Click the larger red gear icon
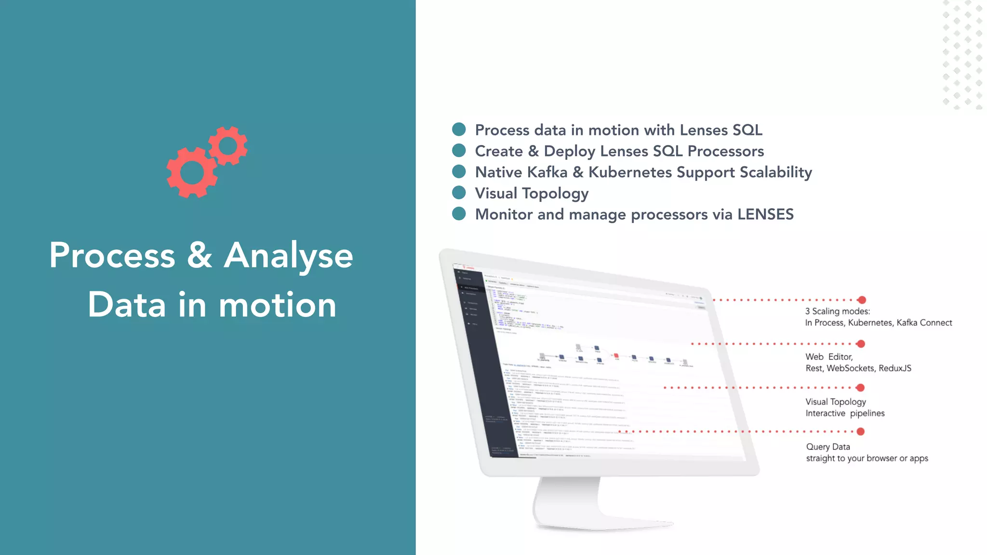coord(191,172)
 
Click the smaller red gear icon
coord(228,145)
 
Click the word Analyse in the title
coord(288,255)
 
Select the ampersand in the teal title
coord(199,255)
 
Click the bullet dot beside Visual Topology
coord(459,193)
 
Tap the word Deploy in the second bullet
coord(569,151)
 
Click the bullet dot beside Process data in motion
coord(459,129)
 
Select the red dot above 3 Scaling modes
coord(862,300)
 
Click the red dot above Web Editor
coord(861,344)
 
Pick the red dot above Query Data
coord(860,432)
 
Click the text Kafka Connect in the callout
coord(924,323)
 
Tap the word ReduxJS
coord(894,368)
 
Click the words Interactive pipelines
coord(844,413)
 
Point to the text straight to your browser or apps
coord(867,458)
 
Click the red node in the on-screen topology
coord(616,356)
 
